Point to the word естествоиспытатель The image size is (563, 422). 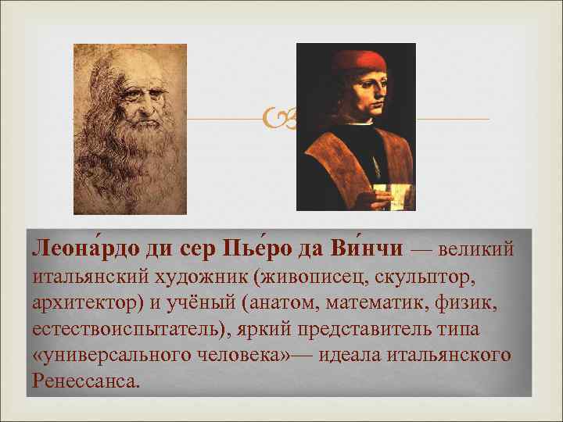coord(125,328)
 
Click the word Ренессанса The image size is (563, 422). coord(86,381)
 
